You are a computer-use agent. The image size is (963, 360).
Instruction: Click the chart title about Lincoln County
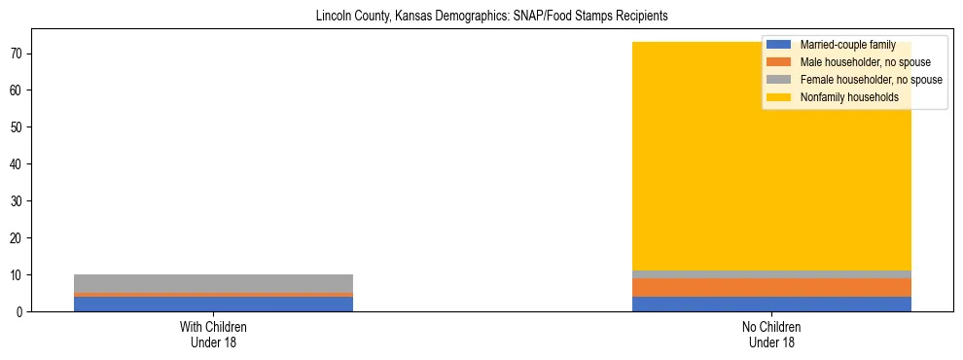coord(491,17)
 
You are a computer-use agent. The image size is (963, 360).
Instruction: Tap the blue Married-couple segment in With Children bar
coord(213,304)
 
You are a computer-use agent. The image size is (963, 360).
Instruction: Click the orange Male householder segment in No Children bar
coord(771,287)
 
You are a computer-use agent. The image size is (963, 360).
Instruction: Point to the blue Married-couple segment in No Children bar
coord(771,304)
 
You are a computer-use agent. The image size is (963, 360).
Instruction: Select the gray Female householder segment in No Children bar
coord(771,274)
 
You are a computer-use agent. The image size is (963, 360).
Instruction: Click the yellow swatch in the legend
coord(779,97)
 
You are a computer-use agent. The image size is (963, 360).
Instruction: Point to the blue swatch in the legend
coord(779,45)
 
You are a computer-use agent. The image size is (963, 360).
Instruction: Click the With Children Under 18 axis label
coord(213,335)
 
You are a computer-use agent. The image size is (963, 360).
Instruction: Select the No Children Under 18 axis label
coord(771,335)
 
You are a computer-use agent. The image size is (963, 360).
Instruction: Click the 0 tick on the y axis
coord(22,311)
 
